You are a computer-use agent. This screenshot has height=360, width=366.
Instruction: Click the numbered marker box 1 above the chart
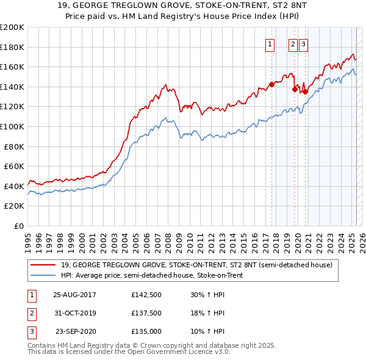coord(270,43)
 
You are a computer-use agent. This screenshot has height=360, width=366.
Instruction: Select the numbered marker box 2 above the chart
coord(293,43)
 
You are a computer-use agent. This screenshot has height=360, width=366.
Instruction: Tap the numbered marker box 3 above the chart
coord(303,43)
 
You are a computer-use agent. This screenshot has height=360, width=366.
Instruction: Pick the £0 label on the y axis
coord(18,226)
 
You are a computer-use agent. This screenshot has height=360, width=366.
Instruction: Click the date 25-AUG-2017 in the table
coord(75,294)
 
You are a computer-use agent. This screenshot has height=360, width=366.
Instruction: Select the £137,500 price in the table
coord(146,313)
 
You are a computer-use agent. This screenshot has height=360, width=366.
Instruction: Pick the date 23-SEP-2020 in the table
coord(75,331)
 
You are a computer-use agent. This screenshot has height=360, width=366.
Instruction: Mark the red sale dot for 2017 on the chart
coord(271,85)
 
